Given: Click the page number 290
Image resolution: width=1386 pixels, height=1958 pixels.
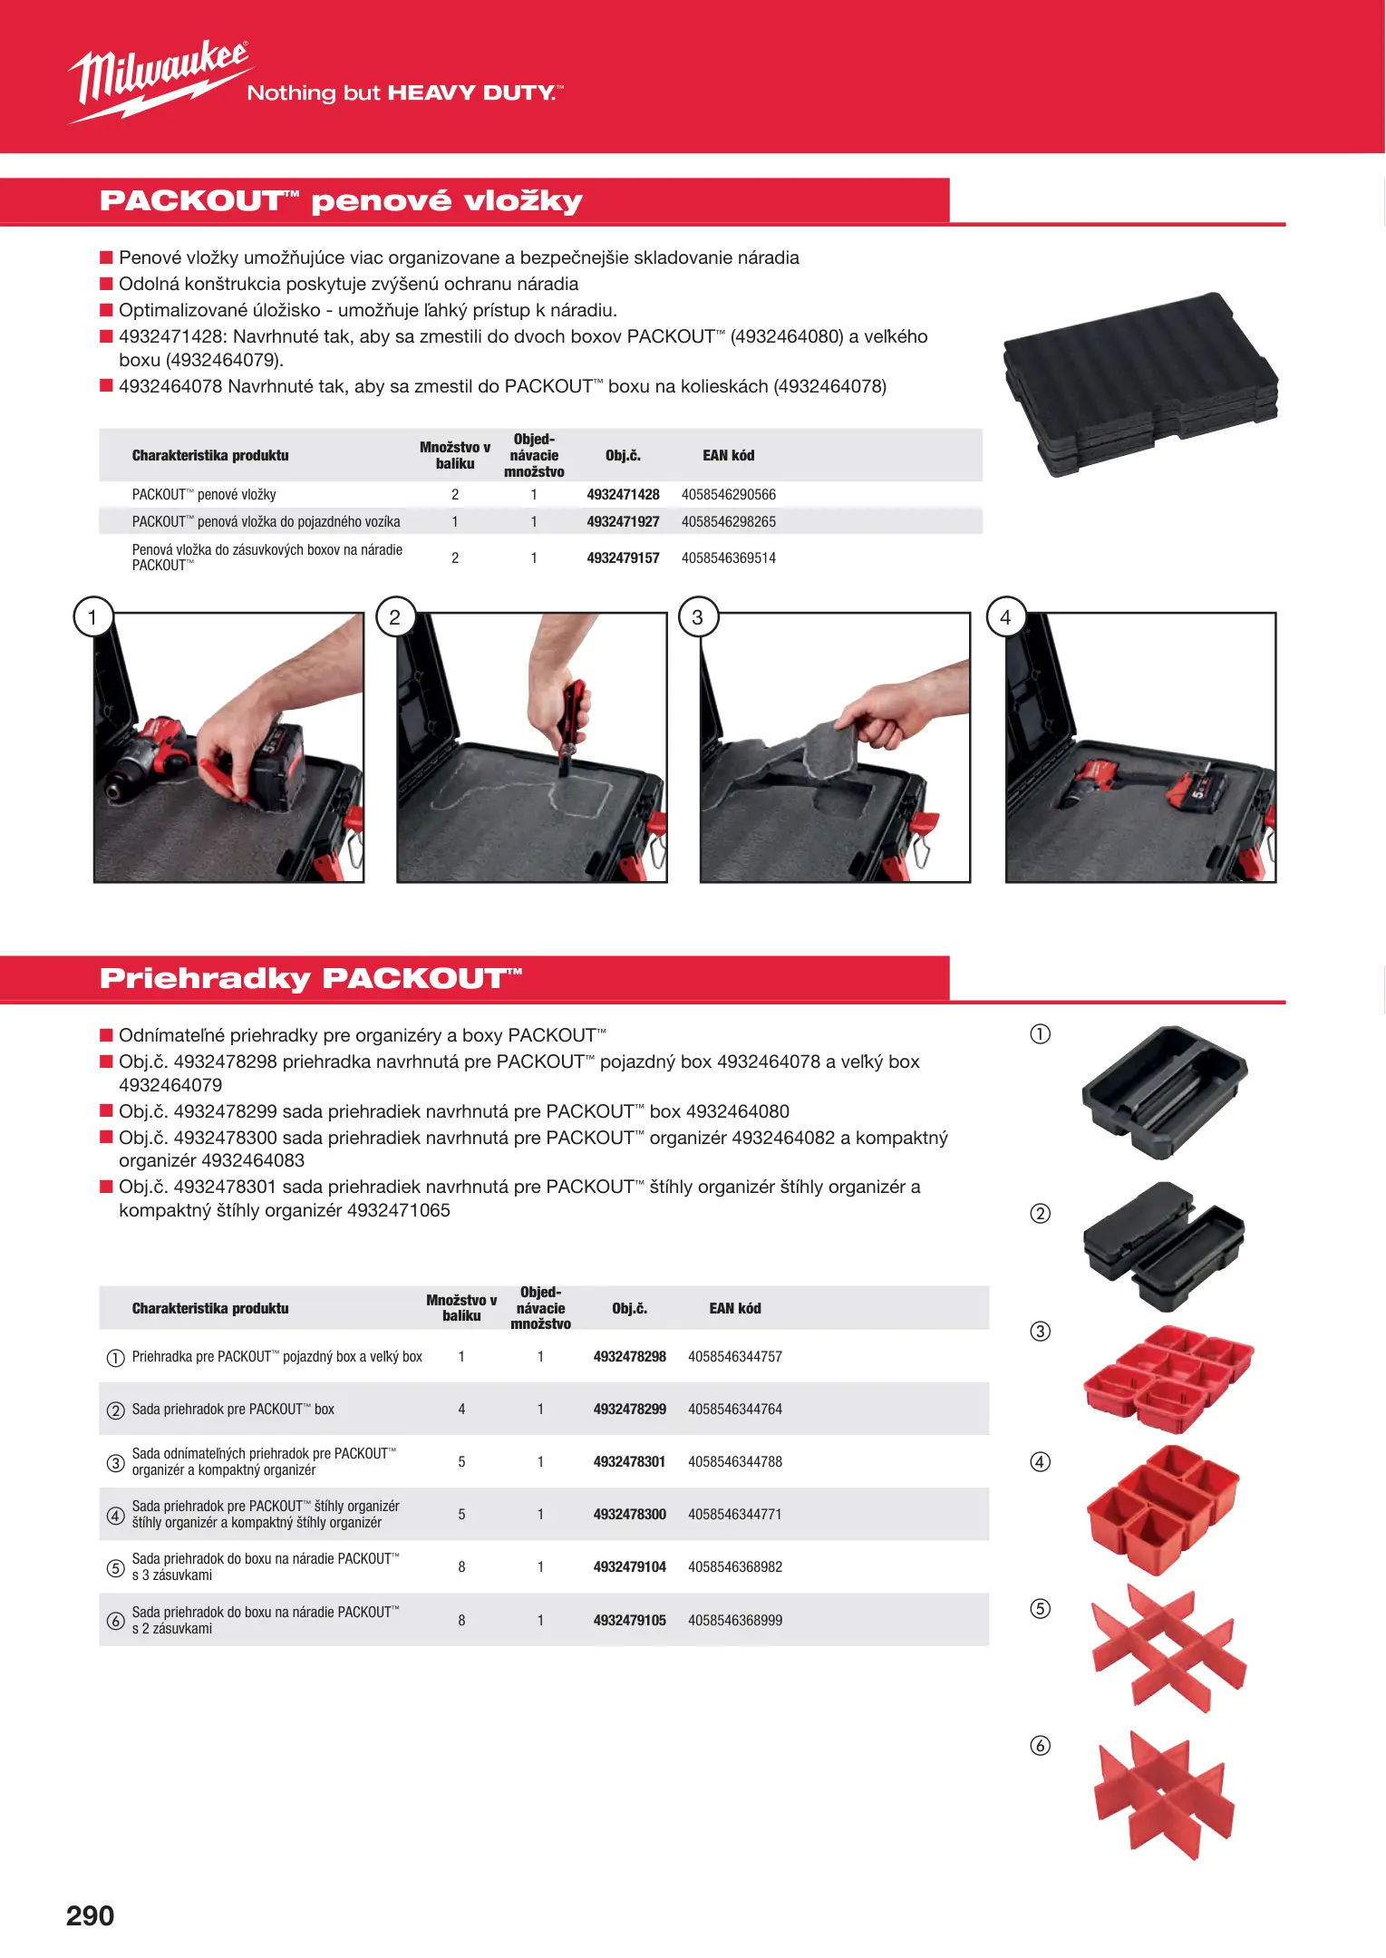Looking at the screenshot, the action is tap(90, 1915).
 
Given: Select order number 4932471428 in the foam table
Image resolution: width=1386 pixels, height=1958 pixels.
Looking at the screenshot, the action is tap(623, 494).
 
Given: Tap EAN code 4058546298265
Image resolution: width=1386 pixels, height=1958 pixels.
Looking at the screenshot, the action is tap(729, 521).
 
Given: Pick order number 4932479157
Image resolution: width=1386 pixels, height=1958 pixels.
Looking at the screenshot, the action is tap(623, 557).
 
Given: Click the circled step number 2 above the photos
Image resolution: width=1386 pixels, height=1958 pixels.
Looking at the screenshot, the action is tap(394, 617).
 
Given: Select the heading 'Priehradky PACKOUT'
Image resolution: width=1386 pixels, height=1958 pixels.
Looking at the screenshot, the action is tap(311, 979).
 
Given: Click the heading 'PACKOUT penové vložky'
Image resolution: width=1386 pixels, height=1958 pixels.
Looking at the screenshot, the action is tap(341, 201).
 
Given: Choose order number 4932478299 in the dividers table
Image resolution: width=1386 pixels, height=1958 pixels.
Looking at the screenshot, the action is tap(629, 1409).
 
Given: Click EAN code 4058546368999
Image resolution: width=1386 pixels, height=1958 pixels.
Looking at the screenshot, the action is tap(735, 1620).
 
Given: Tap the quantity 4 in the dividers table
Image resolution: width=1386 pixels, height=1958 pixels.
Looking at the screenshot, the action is tap(461, 1409).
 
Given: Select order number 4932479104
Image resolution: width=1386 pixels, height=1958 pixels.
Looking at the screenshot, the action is tap(629, 1566).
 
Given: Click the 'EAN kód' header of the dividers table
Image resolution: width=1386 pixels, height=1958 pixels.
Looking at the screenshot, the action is tap(735, 1308).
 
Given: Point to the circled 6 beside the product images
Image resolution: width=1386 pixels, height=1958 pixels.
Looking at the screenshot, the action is tap(1041, 1745).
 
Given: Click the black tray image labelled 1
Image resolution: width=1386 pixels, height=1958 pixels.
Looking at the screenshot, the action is tap(1165, 1091).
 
